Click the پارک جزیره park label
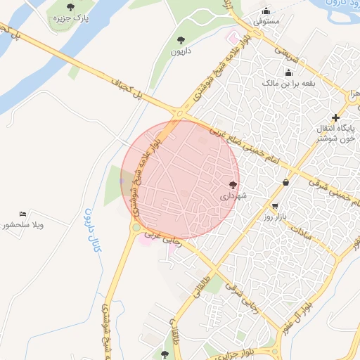coord(70,18)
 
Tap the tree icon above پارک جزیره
coord(70,7)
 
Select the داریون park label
coord(181,51)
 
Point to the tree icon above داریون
coord(181,40)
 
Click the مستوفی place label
coord(266,21)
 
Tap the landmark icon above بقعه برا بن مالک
coord(288,72)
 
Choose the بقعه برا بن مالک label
coord(288,84)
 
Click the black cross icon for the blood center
coord(336,117)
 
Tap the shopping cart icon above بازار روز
coord(274,207)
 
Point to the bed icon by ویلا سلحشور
coord(23,214)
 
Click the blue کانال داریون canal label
coord(89,230)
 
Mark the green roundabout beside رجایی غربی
coord(136,227)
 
